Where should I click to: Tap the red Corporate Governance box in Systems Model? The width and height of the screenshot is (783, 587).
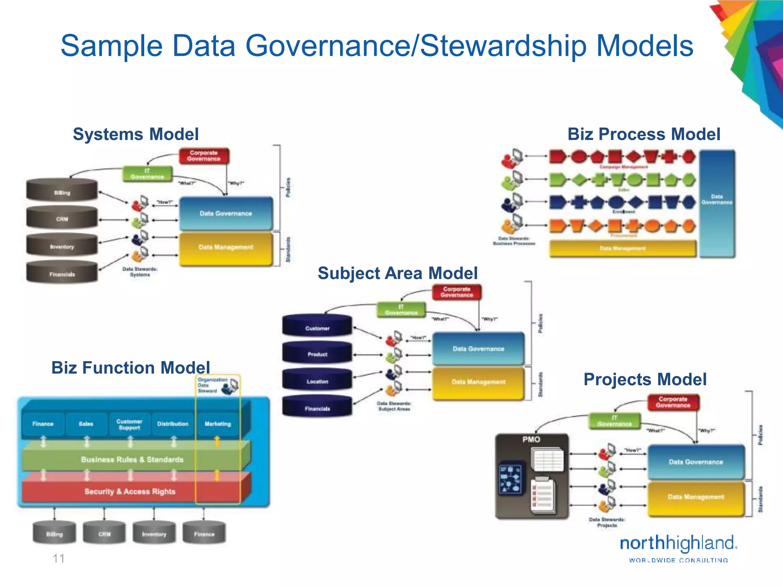point(204,156)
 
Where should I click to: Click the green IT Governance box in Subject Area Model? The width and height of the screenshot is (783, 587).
point(401,310)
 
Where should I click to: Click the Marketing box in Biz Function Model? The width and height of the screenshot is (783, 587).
point(218,424)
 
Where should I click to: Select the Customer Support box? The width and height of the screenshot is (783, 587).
point(129,424)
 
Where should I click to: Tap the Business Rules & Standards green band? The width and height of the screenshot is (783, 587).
point(132,459)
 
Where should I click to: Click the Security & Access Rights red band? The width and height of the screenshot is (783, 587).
point(130,491)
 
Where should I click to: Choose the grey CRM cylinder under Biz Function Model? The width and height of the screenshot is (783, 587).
point(104,533)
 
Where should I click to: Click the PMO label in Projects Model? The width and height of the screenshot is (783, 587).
point(531,439)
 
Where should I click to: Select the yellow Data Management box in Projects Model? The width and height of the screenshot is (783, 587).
point(695,497)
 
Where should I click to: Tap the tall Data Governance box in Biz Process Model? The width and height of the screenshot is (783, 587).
point(717,203)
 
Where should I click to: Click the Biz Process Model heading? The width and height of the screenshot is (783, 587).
point(643,134)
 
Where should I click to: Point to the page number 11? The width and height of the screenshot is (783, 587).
point(58,558)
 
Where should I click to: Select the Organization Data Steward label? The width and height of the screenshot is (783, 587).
point(212,385)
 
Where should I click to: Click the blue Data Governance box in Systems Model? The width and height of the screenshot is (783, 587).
point(226,213)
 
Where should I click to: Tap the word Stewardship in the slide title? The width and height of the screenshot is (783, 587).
point(503,46)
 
